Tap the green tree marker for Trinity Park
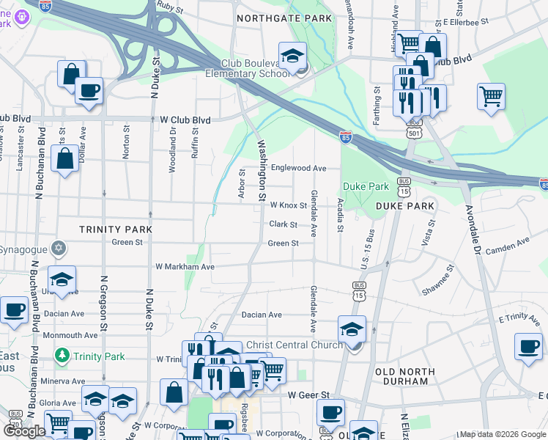(x=63, y=356)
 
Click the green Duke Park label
(x=366, y=186)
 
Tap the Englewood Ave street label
(x=298, y=168)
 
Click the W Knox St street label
(x=287, y=206)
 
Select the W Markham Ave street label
(x=185, y=267)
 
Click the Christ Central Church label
(x=294, y=345)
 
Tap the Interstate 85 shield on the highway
(x=346, y=136)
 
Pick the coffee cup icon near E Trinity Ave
(x=528, y=347)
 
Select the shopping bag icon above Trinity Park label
(x=65, y=159)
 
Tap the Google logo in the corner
(x=24, y=431)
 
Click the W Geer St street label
(x=308, y=395)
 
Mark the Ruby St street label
(x=169, y=7)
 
